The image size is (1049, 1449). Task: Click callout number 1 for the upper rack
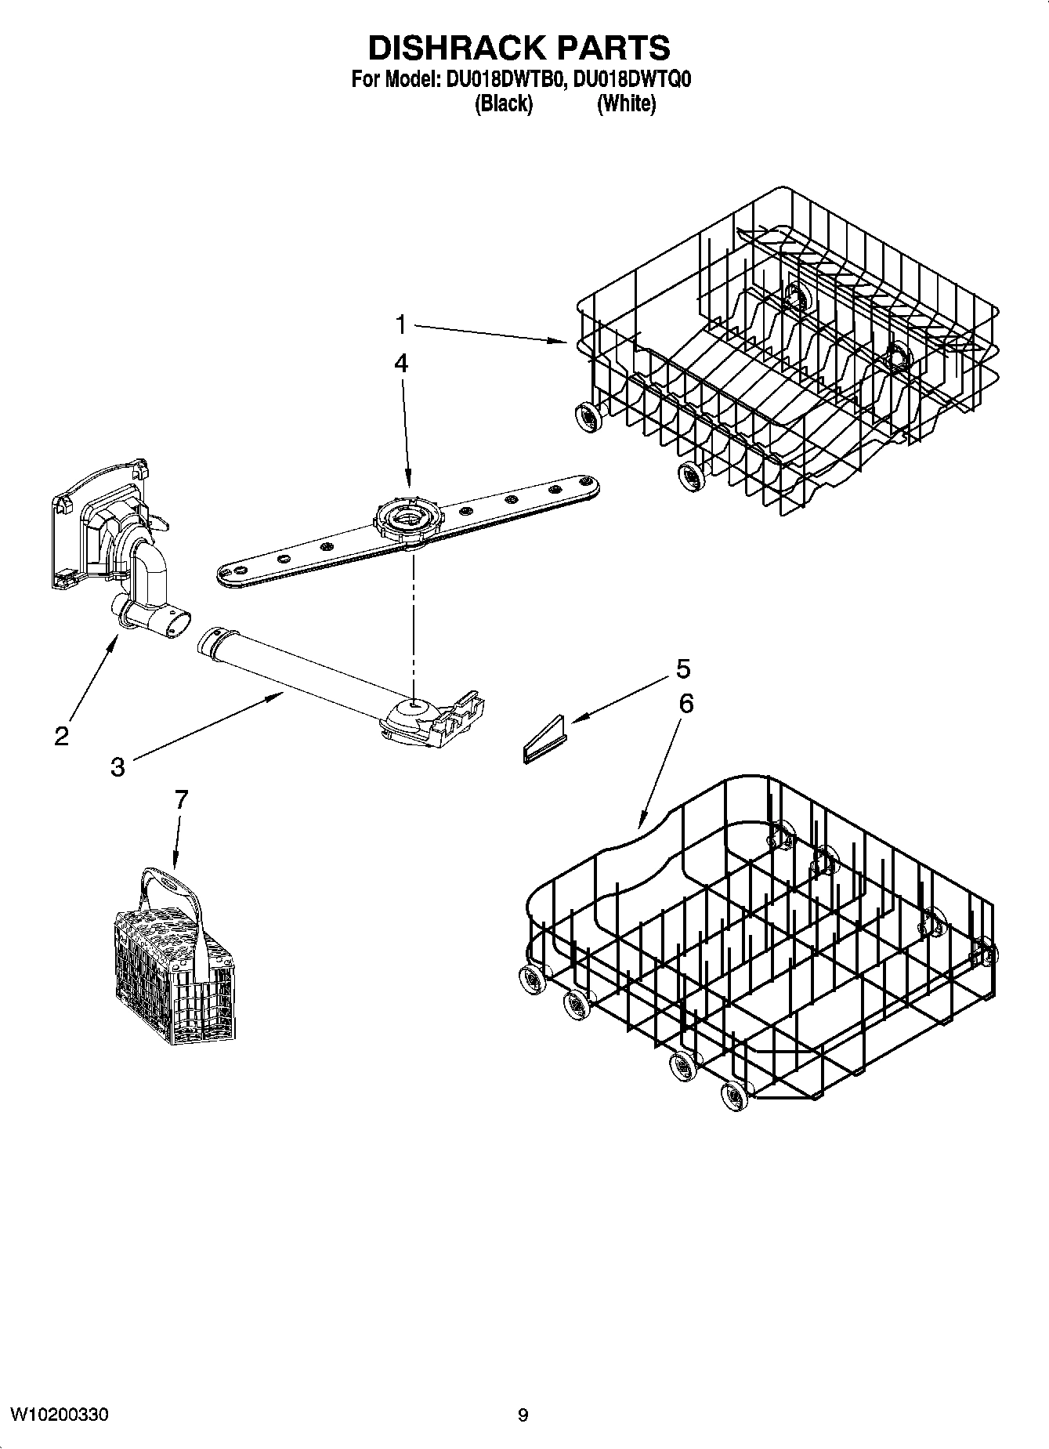tap(400, 324)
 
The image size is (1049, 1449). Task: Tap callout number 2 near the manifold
tap(61, 735)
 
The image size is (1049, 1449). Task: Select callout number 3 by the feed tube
tap(118, 766)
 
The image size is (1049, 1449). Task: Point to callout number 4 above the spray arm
tap(400, 363)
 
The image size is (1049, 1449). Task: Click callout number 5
tap(682, 668)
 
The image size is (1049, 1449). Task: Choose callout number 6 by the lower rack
tap(685, 703)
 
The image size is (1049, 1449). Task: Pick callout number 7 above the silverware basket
tap(181, 799)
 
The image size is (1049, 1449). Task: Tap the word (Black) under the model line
tap(504, 103)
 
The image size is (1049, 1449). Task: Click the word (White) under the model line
tap(626, 103)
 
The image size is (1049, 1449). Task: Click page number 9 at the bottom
tap(523, 1415)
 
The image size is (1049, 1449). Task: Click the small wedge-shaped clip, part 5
tap(543, 741)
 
